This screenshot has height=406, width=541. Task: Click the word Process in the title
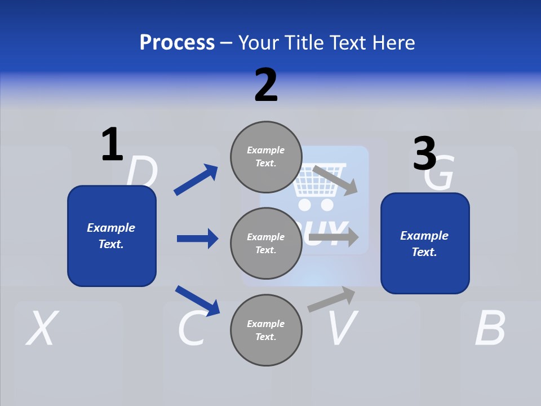(x=177, y=43)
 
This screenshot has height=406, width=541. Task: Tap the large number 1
(x=112, y=144)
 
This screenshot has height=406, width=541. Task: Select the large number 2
(x=266, y=85)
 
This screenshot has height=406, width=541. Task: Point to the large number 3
(x=425, y=154)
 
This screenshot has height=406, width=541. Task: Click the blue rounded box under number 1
(x=112, y=236)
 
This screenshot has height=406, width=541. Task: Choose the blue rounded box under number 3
(x=425, y=244)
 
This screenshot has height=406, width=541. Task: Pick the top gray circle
(x=266, y=156)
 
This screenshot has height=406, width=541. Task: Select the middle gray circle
(x=266, y=243)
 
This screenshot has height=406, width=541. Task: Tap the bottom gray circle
(x=266, y=330)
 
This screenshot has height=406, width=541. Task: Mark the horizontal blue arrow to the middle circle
(x=197, y=239)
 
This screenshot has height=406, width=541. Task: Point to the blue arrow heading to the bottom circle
(x=197, y=300)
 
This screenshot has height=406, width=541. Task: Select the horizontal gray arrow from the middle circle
(x=334, y=237)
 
